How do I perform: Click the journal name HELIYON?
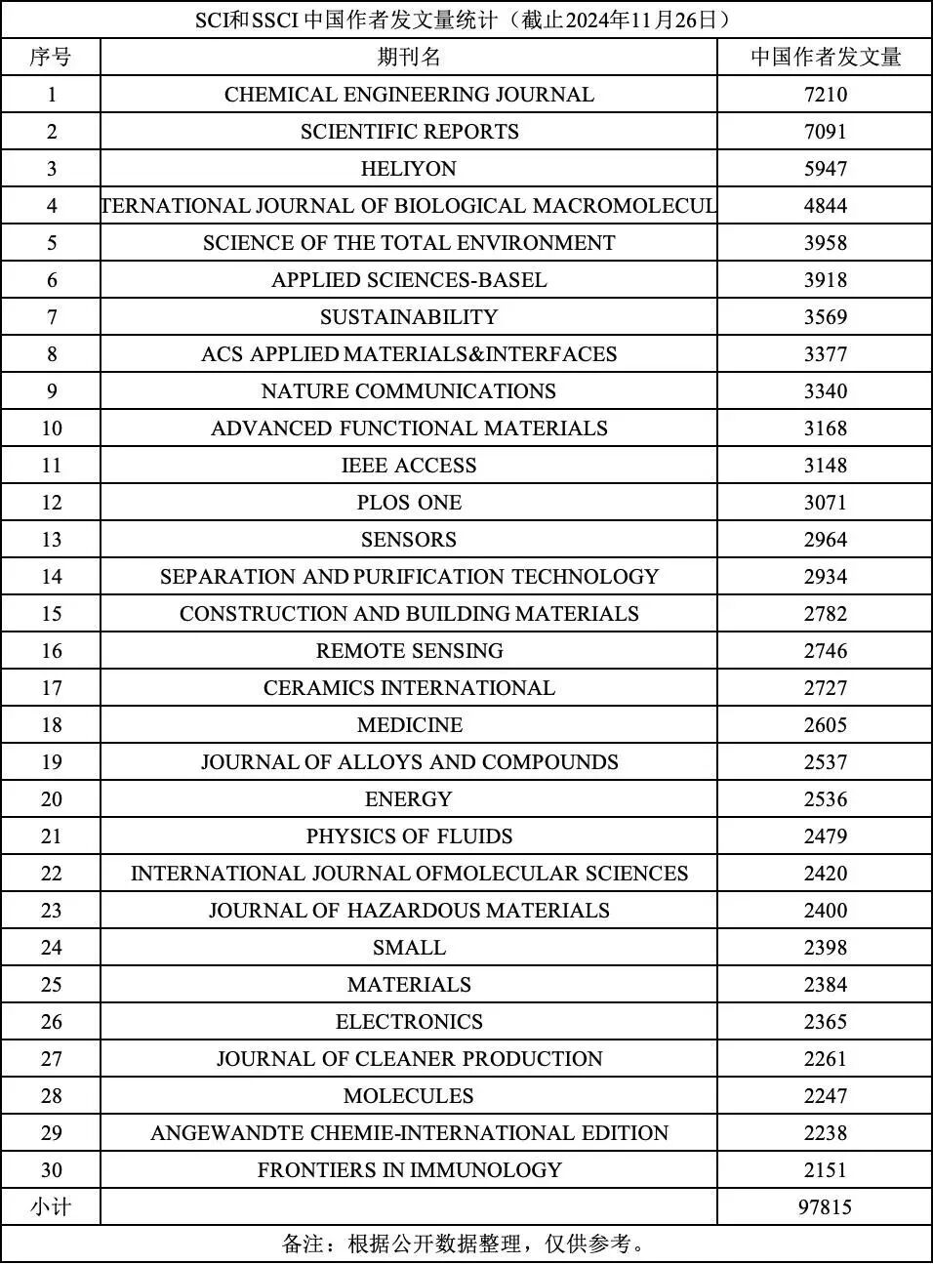(x=408, y=169)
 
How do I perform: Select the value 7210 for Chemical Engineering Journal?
(x=825, y=95)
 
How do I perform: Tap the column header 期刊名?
(x=409, y=58)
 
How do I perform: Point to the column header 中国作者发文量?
(x=825, y=58)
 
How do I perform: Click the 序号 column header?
(x=51, y=58)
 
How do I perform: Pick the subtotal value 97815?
(x=825, y=1207)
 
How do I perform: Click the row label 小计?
(x=51, y=1207)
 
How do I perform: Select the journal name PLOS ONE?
(x=409, y=503)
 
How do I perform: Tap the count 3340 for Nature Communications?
(x=825, y=391)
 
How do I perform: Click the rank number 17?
(x=51, y=688)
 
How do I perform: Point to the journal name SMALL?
(x=409, y=948)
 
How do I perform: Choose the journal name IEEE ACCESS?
(x=409, y=466)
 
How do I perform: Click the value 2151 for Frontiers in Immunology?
(x=825, y=1170)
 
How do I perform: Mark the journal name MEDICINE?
(x=409, y=725)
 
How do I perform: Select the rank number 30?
(x=51, y=1170)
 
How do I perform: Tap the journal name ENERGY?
(x=408, y=799)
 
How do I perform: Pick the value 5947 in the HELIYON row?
(x=825, y=169)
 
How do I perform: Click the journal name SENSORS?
(x=408, y=540)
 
